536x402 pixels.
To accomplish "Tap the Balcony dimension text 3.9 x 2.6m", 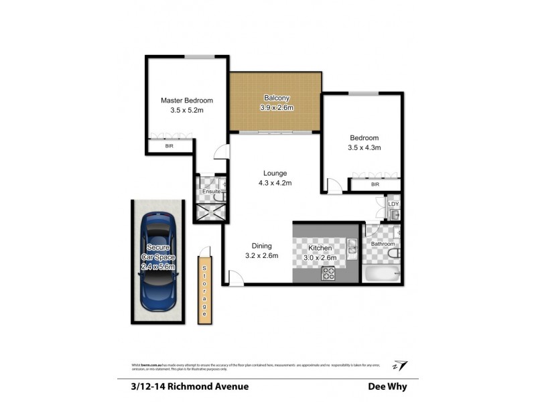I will click(277, 108).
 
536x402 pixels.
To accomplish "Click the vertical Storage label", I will click(205, 289).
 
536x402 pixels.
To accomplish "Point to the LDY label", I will click(394, 204).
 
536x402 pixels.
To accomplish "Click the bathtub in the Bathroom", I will click(382, 273).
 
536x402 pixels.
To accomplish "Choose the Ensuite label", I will click(212, 192).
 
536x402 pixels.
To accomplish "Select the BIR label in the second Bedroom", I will click(375, 184).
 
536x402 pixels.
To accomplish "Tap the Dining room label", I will click(261, 245).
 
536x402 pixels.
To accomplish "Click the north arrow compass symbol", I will click(401, 364).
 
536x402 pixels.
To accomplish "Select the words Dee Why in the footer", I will click(387, 386).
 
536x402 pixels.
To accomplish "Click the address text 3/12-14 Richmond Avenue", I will click(186, 386).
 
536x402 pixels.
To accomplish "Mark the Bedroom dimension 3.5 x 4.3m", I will click(364, 148).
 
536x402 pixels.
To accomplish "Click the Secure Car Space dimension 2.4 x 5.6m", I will click(157, 267).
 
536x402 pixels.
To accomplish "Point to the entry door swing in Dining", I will click(234, 277).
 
